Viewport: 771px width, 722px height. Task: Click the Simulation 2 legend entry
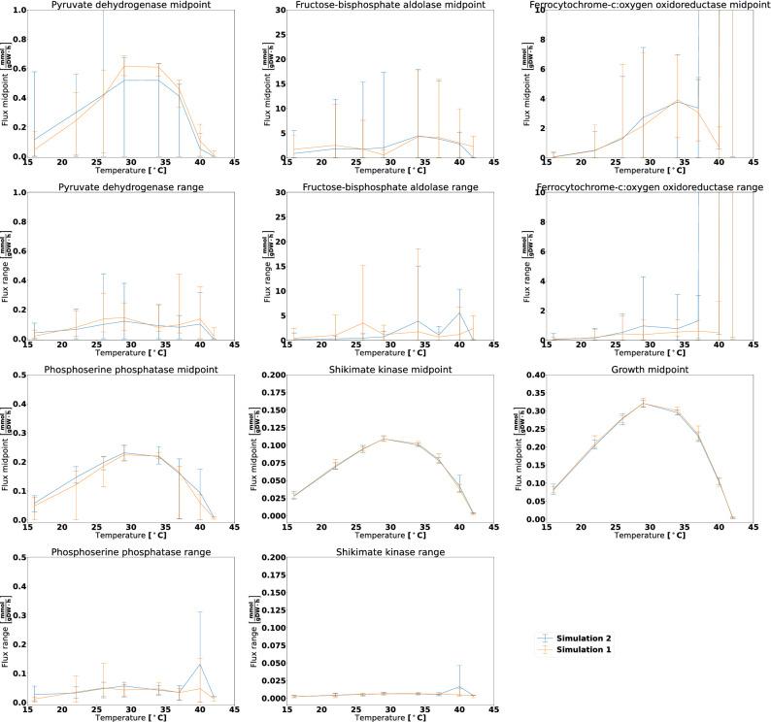[583, 638]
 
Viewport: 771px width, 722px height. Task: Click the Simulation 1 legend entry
[583, 650]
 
